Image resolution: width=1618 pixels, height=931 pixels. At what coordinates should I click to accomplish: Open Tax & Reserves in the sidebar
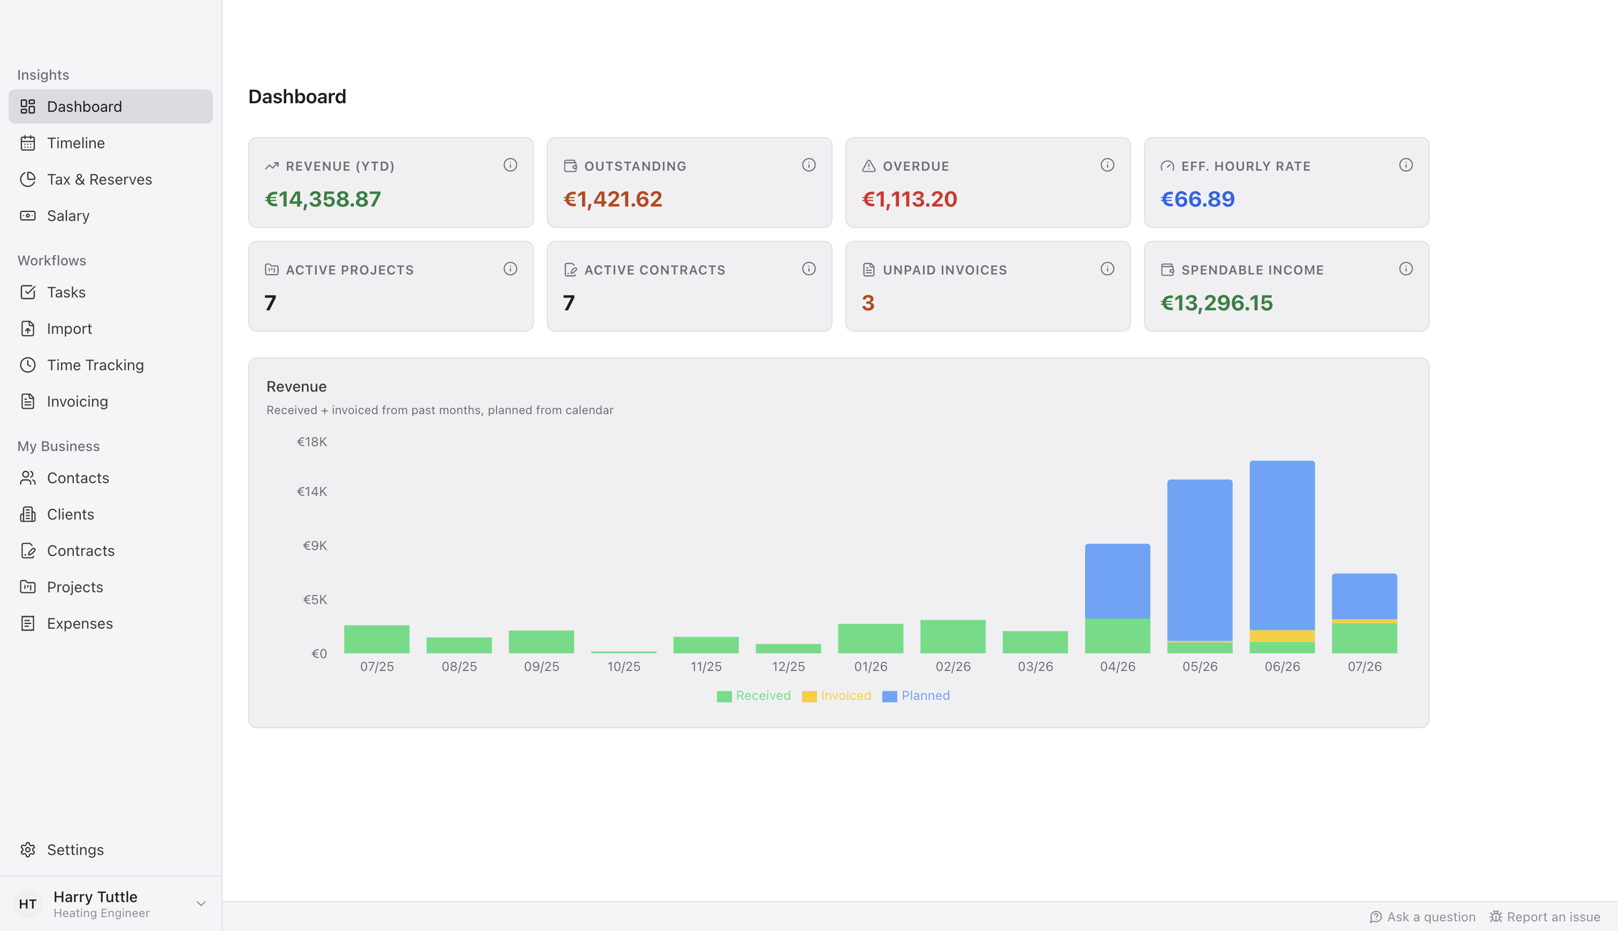[x=99, y=179]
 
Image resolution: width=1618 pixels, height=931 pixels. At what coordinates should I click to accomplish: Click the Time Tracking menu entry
[x=95, y=364]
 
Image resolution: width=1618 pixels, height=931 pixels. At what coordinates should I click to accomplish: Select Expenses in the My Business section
[x=79, y=623]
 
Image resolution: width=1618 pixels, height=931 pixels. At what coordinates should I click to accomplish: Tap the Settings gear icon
[x=27, y=849]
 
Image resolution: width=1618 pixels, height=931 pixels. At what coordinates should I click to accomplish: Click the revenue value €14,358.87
[x=323, y=199]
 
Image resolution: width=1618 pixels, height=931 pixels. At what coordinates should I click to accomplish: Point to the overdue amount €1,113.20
[x=909, y=199]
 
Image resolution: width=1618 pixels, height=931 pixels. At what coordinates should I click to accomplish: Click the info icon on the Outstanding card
[x=808, y=165]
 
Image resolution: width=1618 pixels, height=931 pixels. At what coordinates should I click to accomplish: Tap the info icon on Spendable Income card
[x=1406, y=269]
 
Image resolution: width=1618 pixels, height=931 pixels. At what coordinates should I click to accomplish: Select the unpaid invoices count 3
[x=867, y=302]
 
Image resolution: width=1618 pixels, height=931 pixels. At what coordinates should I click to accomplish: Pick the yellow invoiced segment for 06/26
[x=1282, y=636]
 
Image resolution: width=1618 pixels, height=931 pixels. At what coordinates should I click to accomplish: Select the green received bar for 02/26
[x=952, y=636]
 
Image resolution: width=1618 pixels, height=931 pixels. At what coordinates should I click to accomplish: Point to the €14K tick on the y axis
[x=312, y=491]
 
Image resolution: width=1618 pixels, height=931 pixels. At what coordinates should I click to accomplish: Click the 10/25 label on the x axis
[x=623, y=666]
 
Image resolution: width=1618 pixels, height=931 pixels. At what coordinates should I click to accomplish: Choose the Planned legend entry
[x=916, y=696]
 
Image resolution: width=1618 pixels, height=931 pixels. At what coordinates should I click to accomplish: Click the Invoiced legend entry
[x=836, y=696]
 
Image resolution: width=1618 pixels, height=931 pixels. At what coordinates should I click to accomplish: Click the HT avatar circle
[x=27, y=904]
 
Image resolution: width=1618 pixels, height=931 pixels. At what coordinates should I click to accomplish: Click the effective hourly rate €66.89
[x=1197, y=199]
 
